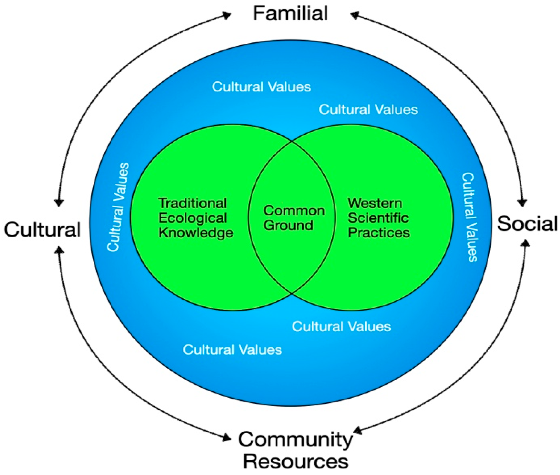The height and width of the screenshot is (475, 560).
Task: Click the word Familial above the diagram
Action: [290, 14]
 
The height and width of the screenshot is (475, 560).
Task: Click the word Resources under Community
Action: [296, 462]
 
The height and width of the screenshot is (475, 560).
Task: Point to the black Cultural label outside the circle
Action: [42, 230]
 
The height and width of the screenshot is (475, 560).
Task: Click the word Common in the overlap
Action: [294, 210]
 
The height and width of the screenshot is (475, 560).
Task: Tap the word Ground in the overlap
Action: [288, 225]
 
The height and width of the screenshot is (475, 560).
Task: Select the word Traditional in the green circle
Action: [192, 203]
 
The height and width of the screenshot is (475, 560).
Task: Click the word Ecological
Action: [193, 218]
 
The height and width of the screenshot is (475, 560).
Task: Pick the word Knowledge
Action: [196, 233]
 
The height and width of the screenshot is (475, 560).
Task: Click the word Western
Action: [375, 203]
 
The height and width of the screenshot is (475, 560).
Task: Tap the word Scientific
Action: [378, 218]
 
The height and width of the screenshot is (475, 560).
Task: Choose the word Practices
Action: [379, 233]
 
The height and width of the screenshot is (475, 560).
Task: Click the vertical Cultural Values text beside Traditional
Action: [118, 207]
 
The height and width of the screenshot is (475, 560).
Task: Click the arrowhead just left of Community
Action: [227, 439]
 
